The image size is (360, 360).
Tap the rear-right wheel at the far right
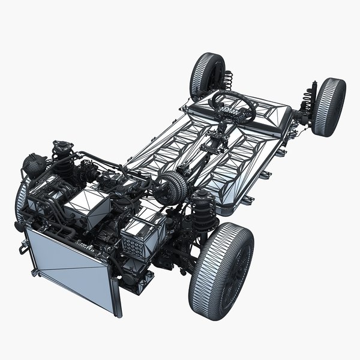pos(329,106)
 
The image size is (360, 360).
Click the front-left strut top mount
pos(61,146)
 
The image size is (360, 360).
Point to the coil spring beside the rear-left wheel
pos(228,81)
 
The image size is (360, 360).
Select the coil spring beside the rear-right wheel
pos(308,99)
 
